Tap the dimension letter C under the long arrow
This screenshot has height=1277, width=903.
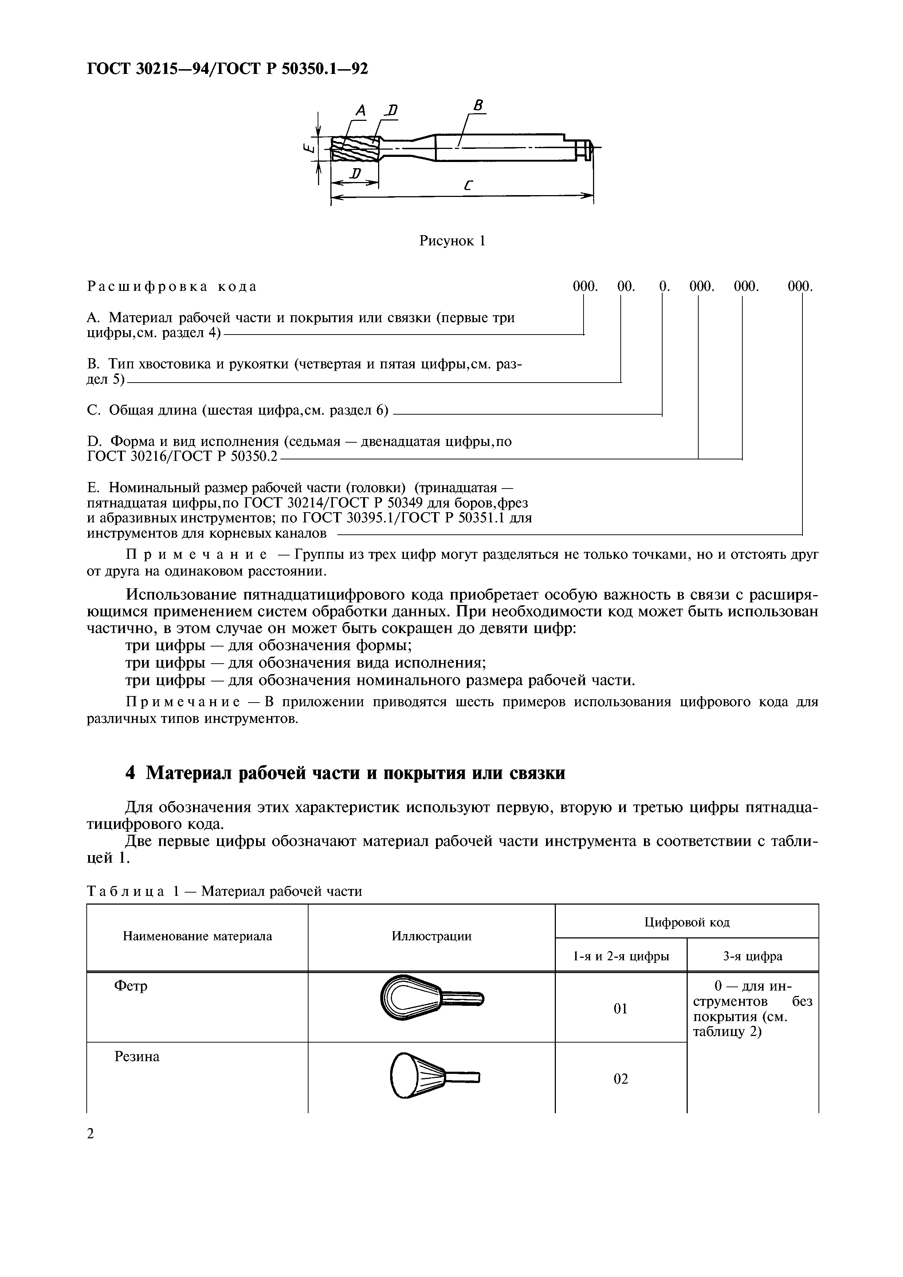click(467, 186)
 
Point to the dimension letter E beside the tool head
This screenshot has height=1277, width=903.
click(307, 148)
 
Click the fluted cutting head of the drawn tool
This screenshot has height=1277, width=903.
click(354, 149)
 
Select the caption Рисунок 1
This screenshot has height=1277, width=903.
click(452, 241)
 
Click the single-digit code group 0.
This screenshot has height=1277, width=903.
click(664, 286)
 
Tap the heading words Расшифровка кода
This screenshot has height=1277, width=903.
click(172, 286)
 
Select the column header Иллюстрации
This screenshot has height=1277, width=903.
click(431, 936)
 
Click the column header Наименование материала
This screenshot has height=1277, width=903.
click(197, 936)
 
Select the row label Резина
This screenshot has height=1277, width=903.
click(137, 1057)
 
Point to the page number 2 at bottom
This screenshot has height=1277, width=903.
click(91, 1134)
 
